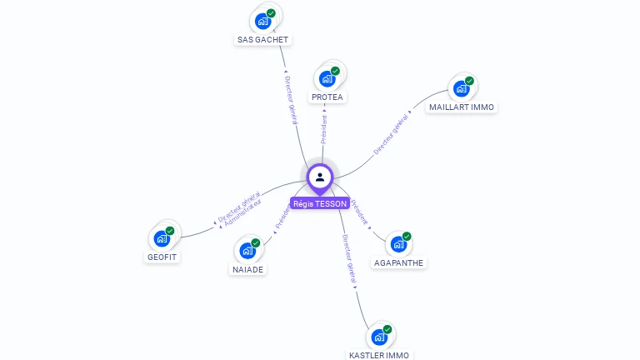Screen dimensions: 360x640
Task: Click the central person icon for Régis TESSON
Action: pyautogui.click(x=320, y=177)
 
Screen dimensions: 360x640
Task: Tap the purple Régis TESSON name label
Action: pyautogui.click(x=320, y=203)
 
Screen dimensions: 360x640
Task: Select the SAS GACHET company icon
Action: pyautogui.click(x=263, y=21)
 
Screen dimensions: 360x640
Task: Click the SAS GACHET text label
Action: pyautogui.click(x=263, y=39)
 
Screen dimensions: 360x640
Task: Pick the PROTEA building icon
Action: pyautogui.click(x=327, y=79)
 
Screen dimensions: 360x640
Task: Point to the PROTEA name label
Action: pyautogui.click(x=327, y=97)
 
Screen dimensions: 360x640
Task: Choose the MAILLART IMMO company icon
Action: pyautogui.click(x=462, y=89)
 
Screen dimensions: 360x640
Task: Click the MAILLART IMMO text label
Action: pyautogui.click(x=462, y=107)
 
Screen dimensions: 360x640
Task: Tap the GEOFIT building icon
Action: pyautogui.click(x=162, y=238)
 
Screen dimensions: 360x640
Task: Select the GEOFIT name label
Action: pyautogui.click(x=162, y=257)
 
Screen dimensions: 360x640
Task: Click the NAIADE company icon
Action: pyautogui.click(x=247, y=251)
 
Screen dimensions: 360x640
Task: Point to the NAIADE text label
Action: pyautogui.click(x=247, y=269)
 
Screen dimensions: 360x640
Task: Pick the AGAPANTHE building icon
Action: pyautogui.click(x=399, y=244)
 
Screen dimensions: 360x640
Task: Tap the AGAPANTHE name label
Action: pyautogui.click(x=399, y=262)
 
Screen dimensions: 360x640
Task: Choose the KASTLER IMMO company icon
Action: pyautogui.click(x=379, y=337)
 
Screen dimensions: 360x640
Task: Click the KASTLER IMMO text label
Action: pyautogui.click(x=379, y=355)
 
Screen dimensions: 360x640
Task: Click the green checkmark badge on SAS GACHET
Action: pyautogui.click(x=271, y=13)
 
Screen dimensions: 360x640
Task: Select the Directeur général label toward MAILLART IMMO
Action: pyautogui.click(x=391, y=132)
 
